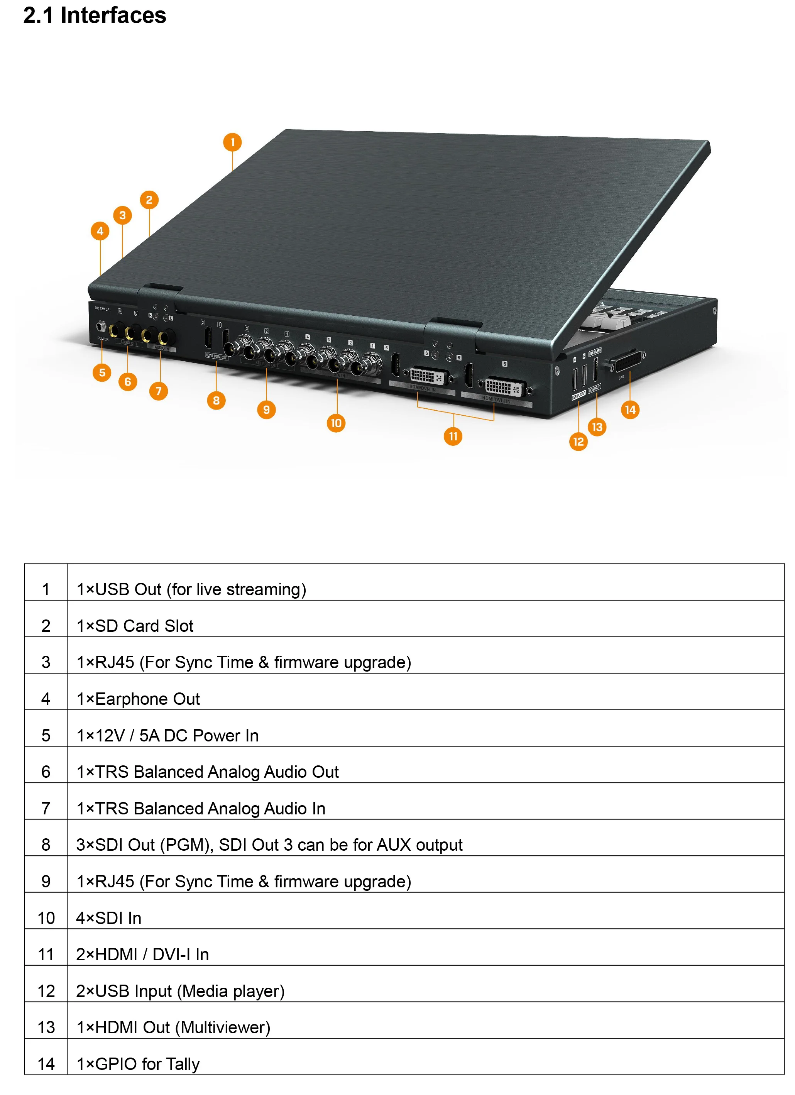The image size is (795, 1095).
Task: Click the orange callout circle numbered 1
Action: tap(232, 142)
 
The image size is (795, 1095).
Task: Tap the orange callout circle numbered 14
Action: tap(629, 410)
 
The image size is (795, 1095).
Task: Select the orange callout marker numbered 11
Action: tap(452, 437)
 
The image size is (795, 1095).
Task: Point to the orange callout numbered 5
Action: tap(102, 373)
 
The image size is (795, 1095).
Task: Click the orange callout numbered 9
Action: tap(266, 410)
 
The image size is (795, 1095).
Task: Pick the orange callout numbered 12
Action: tap(578, 442)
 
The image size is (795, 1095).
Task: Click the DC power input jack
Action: tap(101, 327)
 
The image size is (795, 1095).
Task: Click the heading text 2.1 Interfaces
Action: tap(95, 15)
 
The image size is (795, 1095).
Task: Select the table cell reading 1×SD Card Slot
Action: tap(135, 626)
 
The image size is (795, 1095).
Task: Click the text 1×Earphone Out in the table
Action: tap(138, 699)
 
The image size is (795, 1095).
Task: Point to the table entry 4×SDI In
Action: tap(108, 918)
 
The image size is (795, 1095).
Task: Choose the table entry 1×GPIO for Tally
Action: tap(138, 1064)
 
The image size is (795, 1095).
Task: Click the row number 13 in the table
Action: tap(46, 1028)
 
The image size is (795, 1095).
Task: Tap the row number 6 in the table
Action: tap(46, 772)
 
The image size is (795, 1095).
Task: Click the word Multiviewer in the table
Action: tap(222, 1028)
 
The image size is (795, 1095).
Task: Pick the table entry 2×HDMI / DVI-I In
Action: tap(142, 955)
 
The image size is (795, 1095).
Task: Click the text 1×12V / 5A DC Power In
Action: tap(167, 736)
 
